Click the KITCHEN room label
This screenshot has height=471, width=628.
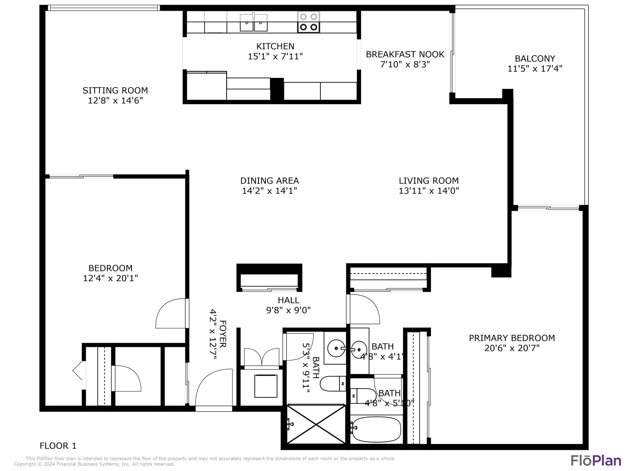[x=275, y=46]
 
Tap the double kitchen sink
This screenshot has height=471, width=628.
[x=253, y=22]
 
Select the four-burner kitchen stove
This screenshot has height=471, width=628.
[x=308, y=22]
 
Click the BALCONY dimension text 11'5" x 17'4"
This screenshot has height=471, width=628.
[x=535, y=68]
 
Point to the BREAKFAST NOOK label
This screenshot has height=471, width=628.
[x=405, y=54]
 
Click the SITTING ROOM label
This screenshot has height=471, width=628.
[x=115, y=90]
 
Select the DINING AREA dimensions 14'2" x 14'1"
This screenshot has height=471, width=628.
[x=269, y=191]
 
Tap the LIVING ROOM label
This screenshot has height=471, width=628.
[x=428, y=181]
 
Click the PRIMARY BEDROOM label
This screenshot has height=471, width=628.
[x=511, y=338]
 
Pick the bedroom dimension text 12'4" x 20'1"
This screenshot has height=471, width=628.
[x=110, y=278]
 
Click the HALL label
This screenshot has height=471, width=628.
[x=288, y=300]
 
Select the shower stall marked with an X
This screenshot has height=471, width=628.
[x=316, y=424]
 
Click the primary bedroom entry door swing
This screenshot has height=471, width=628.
[x=364, y=309]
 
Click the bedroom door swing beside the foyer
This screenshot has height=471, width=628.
[x=171, y=313]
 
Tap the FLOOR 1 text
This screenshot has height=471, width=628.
[x=58, y=446]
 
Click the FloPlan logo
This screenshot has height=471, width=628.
[x=595, y=461]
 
